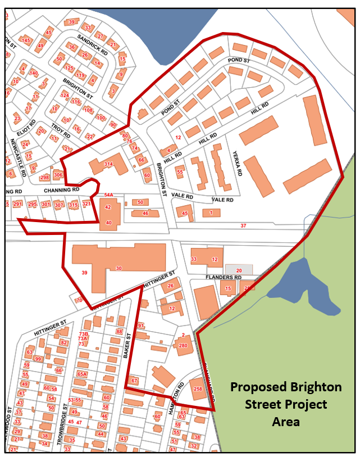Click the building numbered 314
tap(108, 164)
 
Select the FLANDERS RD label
tap(222, 278)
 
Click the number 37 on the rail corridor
tap(243, 226)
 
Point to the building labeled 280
tap(183, 345)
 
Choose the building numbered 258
tap(197, 388)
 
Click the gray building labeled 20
tap(239, 270)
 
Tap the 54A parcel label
tap(108, 195)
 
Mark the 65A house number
tap(82, 373)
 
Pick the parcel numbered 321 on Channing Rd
tap(86, 204)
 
